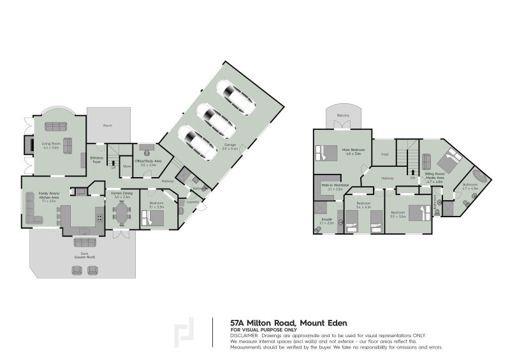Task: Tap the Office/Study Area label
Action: tap(147, 162)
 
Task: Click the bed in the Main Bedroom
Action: tap(331, 153)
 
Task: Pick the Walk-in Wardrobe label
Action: tap(331, 187)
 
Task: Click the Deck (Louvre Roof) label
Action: tap(84, 255)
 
